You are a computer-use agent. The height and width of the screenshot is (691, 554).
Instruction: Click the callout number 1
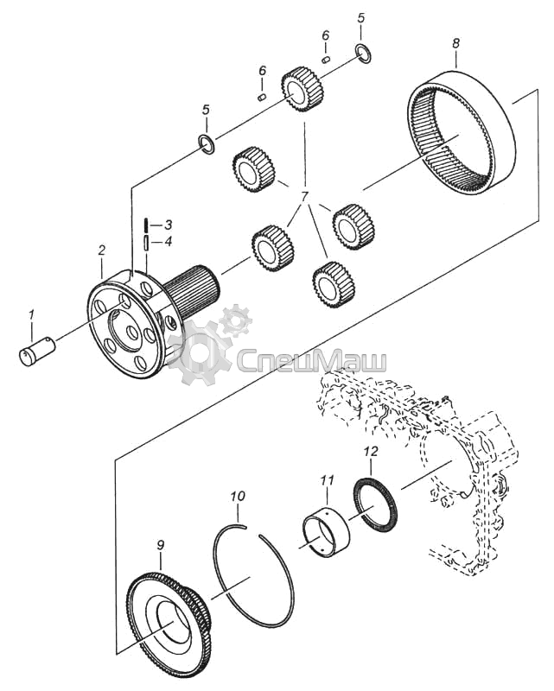31,315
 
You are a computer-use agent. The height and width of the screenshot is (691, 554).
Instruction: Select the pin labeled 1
37,351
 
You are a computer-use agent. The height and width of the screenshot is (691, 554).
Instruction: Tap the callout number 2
102,250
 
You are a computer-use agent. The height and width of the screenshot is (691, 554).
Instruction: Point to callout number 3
167,225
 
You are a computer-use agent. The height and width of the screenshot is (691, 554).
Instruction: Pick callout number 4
167,242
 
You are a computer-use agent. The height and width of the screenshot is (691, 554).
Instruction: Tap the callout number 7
305,197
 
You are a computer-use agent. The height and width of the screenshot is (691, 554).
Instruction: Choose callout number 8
455,43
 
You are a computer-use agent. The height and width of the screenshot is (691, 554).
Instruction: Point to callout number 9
160,545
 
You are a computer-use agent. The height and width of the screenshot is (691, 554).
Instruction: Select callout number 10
238,496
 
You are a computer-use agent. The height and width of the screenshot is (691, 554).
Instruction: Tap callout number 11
327,479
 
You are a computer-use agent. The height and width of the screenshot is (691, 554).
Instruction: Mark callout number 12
371,451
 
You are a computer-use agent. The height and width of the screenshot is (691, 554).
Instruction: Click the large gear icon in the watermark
200,352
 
